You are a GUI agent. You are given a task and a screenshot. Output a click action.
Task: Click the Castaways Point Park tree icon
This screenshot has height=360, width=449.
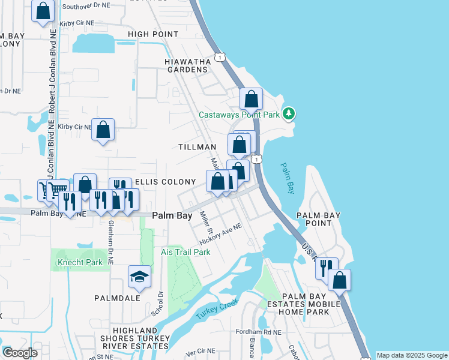coord(289,113)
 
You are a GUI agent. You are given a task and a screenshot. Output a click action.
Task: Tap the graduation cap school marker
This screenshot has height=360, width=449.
coord(139,276)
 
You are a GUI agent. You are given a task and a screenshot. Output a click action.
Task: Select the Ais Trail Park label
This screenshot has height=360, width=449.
coord(186,252)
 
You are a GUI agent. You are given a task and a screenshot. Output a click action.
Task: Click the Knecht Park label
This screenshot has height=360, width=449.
coord(80,263)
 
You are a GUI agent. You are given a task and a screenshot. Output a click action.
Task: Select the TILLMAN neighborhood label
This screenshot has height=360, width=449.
coord(197,147)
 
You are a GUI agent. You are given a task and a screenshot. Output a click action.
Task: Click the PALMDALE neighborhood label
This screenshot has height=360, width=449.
coord(117,298)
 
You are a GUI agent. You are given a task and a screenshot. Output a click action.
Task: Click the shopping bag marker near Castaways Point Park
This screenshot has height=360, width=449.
coord(252,99)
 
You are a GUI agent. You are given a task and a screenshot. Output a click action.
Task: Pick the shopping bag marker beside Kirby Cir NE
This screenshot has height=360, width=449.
coord(103,130)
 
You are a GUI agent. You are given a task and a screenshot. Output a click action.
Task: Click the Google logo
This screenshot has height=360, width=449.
coord(20,353)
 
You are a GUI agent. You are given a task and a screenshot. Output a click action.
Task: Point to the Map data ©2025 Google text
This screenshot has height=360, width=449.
coord(412,355)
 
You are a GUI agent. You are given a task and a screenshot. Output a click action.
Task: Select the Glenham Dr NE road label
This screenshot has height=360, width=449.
coord(112,241)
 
